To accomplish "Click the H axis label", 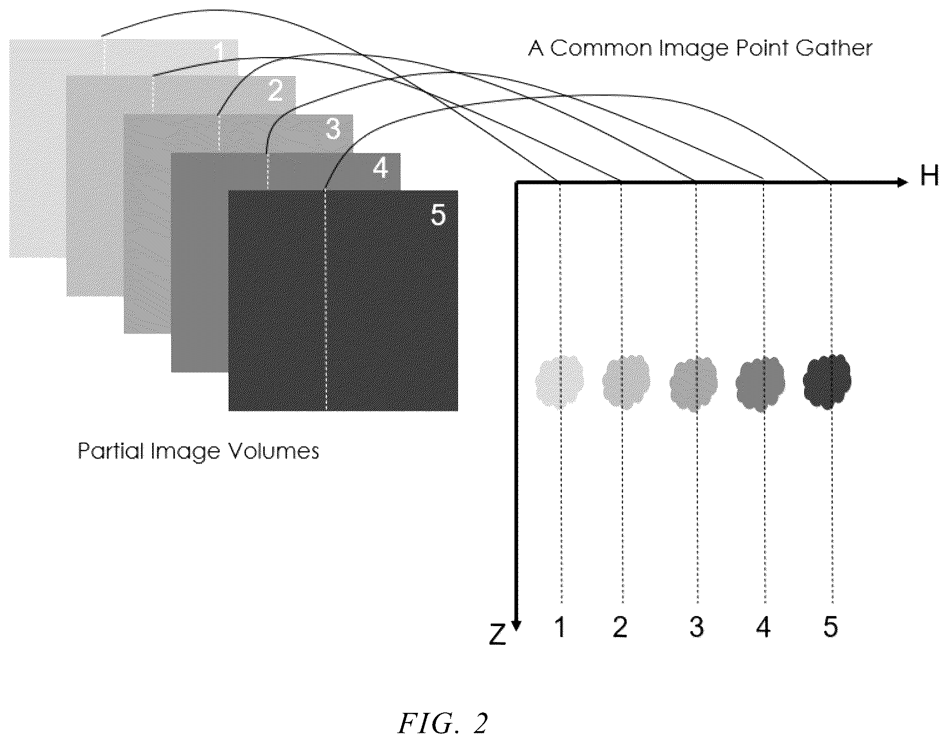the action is (929, 176).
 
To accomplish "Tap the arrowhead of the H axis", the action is (902, 183).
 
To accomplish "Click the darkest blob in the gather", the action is (827, 382).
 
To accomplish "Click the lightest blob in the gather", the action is (560, 382).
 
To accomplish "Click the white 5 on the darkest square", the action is (438, 214).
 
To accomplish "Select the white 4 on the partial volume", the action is (381, 169).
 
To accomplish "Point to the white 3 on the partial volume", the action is (334, 129).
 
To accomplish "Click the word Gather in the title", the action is (834, 48).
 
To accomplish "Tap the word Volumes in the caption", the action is (273, 451).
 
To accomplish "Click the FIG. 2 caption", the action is (443, 723).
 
